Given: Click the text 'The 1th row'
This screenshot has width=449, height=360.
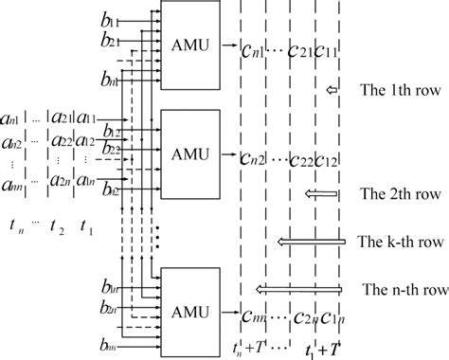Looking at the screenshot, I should click(x=398, y=91).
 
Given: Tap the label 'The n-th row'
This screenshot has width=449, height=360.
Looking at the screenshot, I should click(x=400, y=288).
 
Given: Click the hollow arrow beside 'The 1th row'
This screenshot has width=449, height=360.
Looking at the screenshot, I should click(x=331, y=91).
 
